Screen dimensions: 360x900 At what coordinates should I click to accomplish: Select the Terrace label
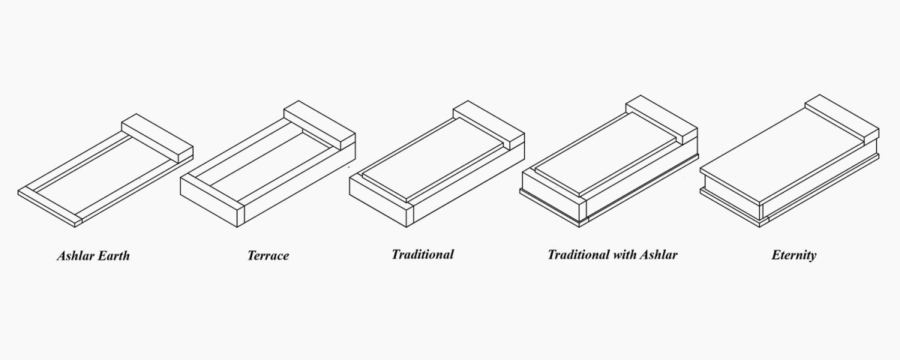(268, 256)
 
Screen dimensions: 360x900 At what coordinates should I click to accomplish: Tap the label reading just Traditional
(422, 254)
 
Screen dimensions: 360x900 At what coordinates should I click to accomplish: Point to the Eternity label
(793, 255)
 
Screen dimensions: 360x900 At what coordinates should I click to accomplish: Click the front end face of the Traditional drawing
(379, 201)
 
